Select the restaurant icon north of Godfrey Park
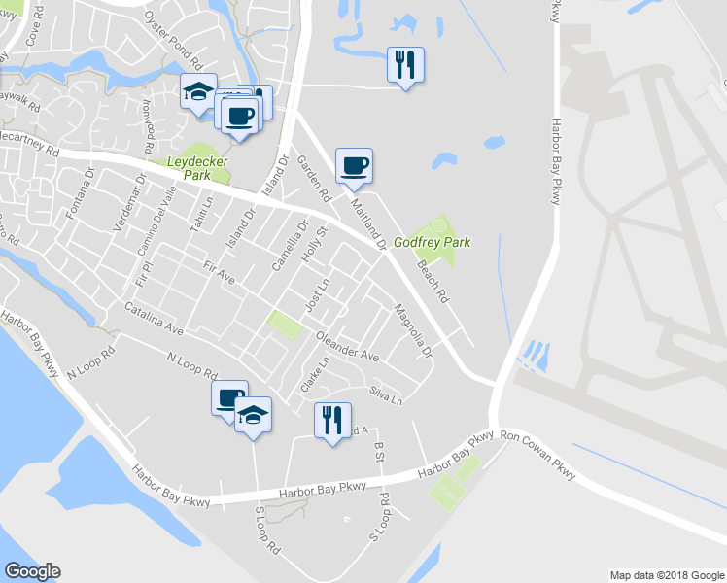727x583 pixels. [405, 65]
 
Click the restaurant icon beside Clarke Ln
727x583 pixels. [332, 420]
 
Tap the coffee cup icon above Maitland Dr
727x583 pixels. [354, 165]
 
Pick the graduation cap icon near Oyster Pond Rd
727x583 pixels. [197, 94]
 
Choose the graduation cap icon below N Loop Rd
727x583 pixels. [253, 415]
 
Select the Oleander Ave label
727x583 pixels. [347, 347]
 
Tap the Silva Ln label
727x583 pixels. [385, 394]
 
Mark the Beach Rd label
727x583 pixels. [433, 281]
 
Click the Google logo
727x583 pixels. [32, 571]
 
